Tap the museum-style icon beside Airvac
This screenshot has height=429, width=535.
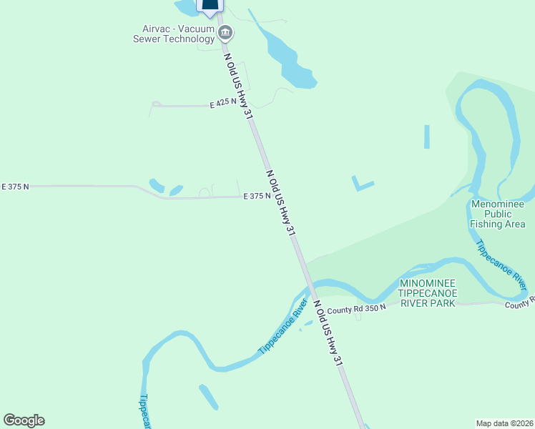pyautogui.click(x=226, y=32)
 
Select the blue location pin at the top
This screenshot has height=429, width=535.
pyautogui.click(x=209, y=6)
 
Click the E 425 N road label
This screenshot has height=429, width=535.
pyautogui.click(x=223, y=104)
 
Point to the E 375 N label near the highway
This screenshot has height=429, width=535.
pyautogui.click(x=257, y=196)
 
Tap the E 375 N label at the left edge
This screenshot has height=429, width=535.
pyautogui.click(x=15, y=187)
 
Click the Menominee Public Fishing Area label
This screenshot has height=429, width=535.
pyautogui.click(x=498, y=214)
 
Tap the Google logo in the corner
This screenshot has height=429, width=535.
pyautogui.click(x=24, y=420)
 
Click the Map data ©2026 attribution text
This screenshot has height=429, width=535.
pyautogui.click(x=504, y=423)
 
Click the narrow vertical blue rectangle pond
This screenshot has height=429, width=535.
pyautogui.click(x=427, y=137)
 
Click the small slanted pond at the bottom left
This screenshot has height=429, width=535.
pyautogui.click(x=208, y=397)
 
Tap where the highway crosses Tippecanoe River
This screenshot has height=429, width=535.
pyautogui.click(x=310, y=288)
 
